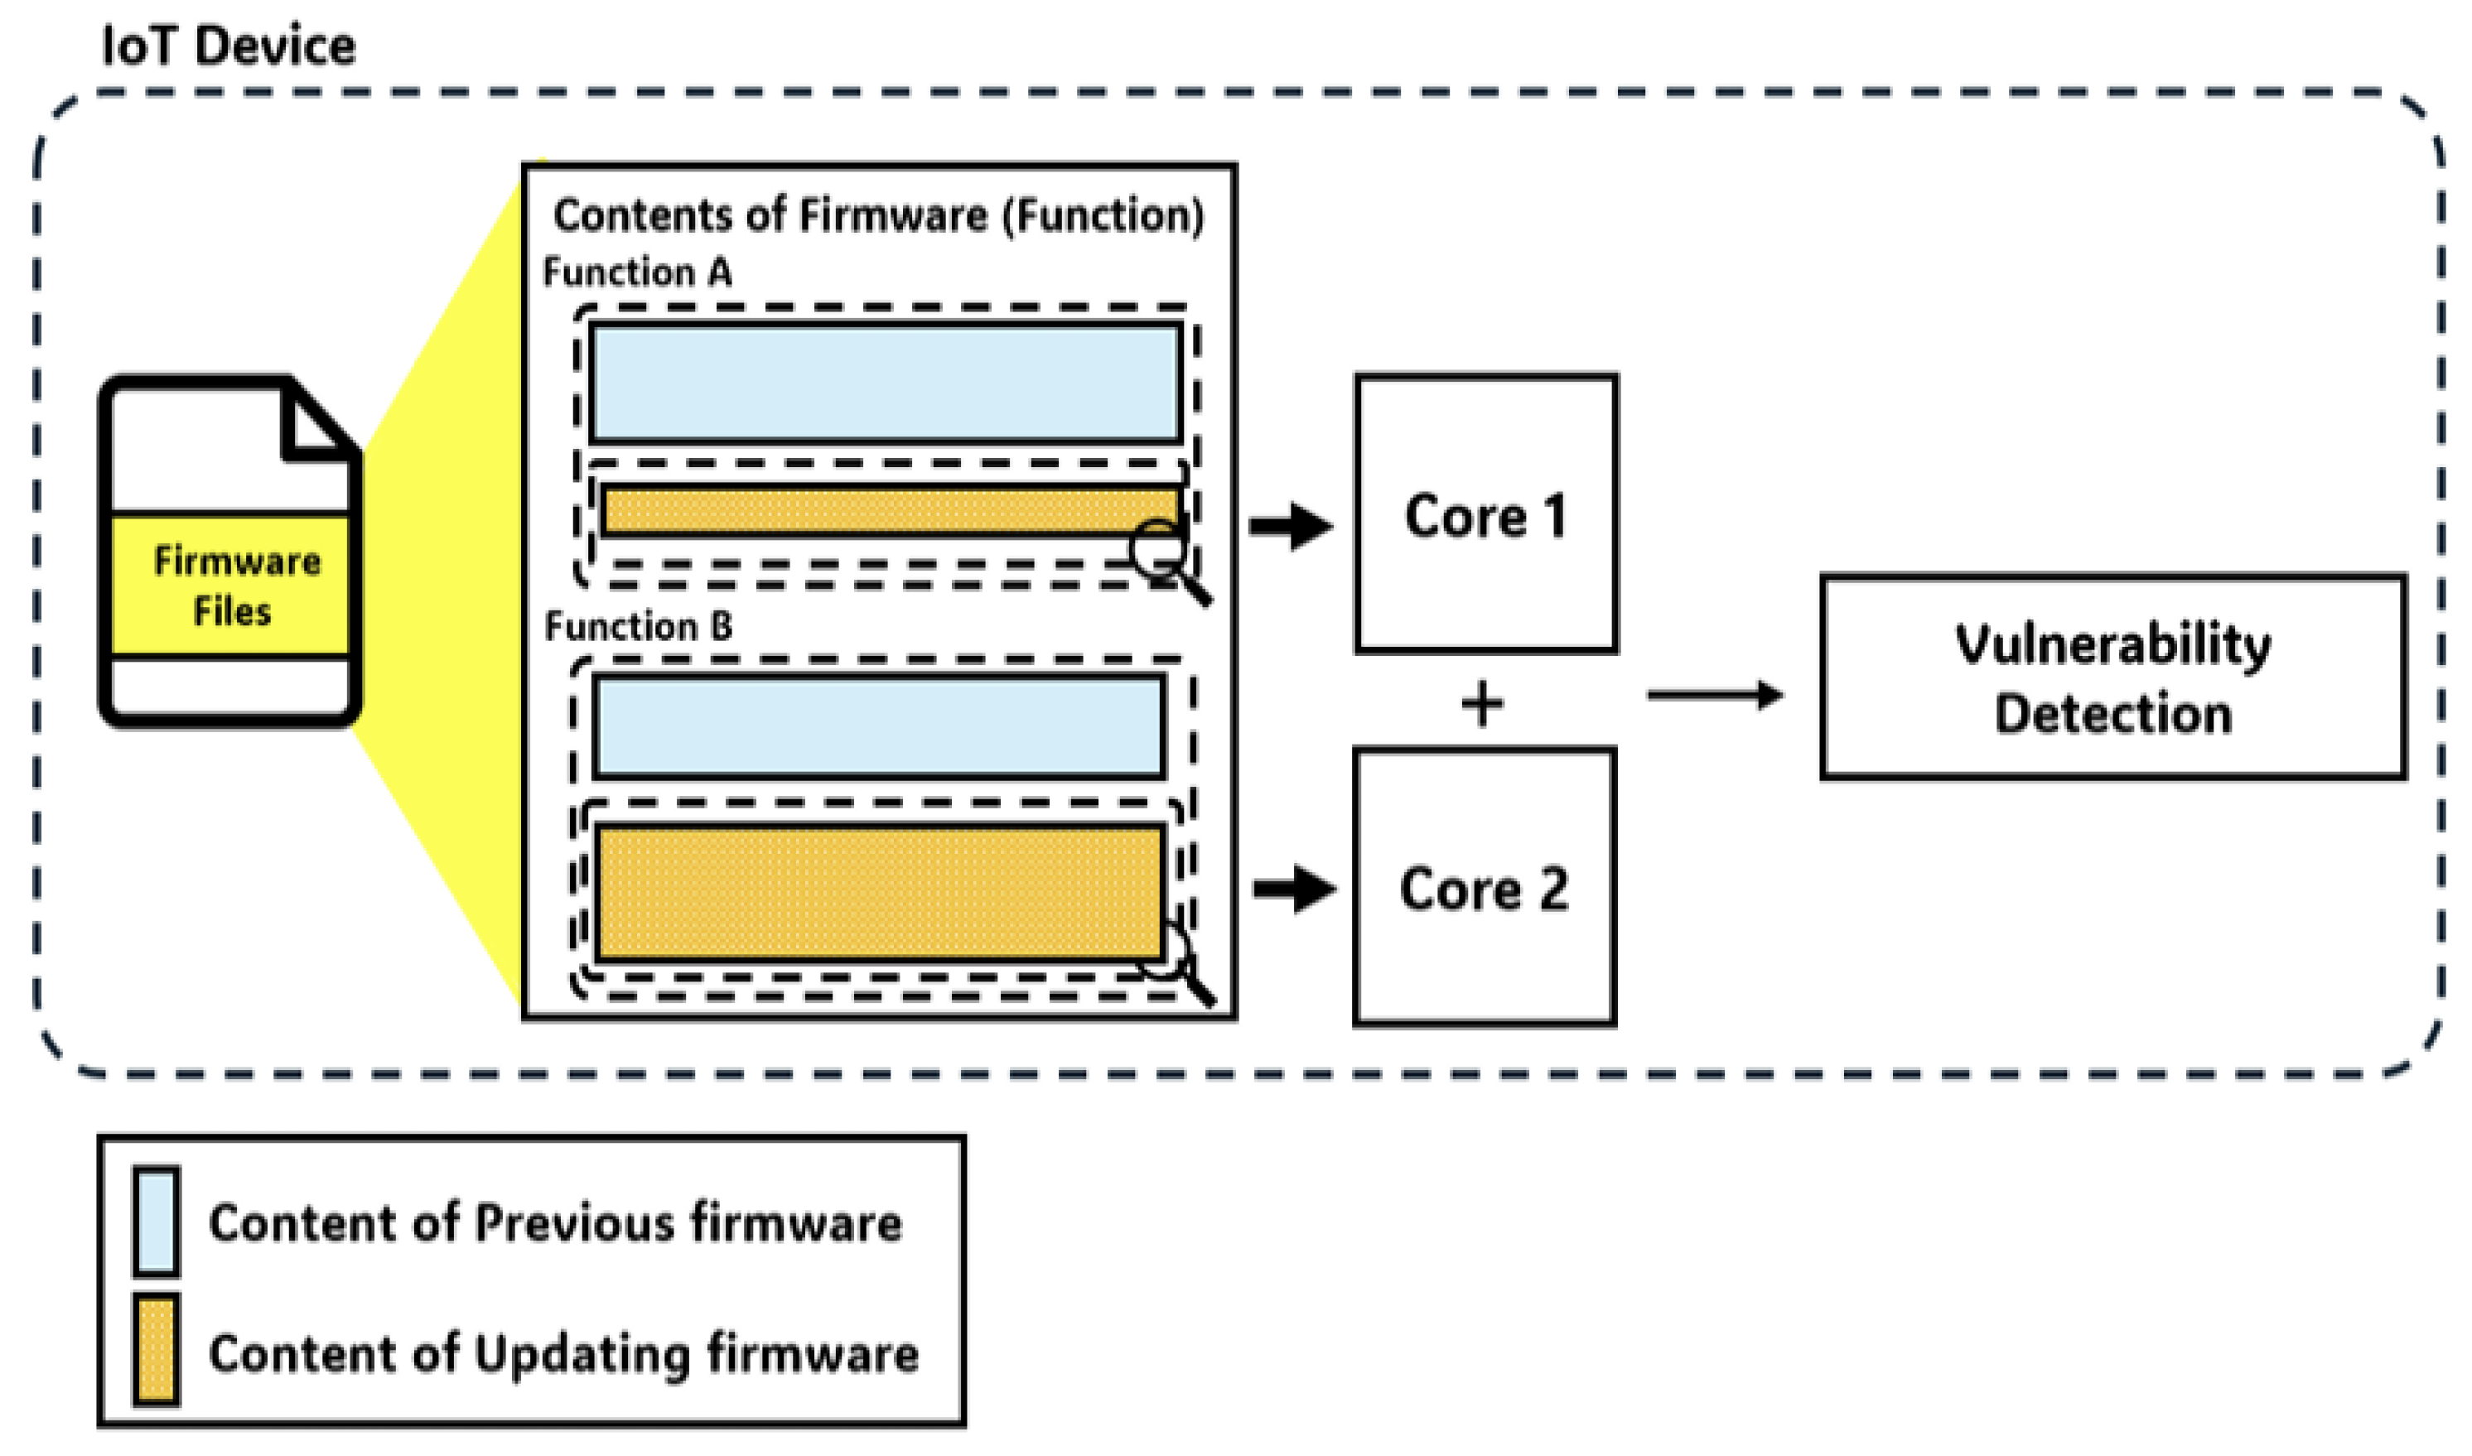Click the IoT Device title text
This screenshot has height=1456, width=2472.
[229, 46]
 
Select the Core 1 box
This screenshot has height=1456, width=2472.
[1485, 513]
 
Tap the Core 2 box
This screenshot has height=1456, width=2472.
[1483, 888]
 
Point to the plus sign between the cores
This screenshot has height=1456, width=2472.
[1482, 705]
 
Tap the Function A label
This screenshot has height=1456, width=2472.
[637, 272]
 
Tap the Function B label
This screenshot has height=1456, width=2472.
[638, 626]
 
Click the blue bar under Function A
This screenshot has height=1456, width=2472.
[886, 383]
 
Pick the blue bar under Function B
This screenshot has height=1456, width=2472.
[878, 726]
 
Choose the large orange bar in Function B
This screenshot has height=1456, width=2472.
[878, 891]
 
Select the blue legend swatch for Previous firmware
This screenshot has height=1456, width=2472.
[156, 1222]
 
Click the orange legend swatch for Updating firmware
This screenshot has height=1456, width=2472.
[156, 1351]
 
